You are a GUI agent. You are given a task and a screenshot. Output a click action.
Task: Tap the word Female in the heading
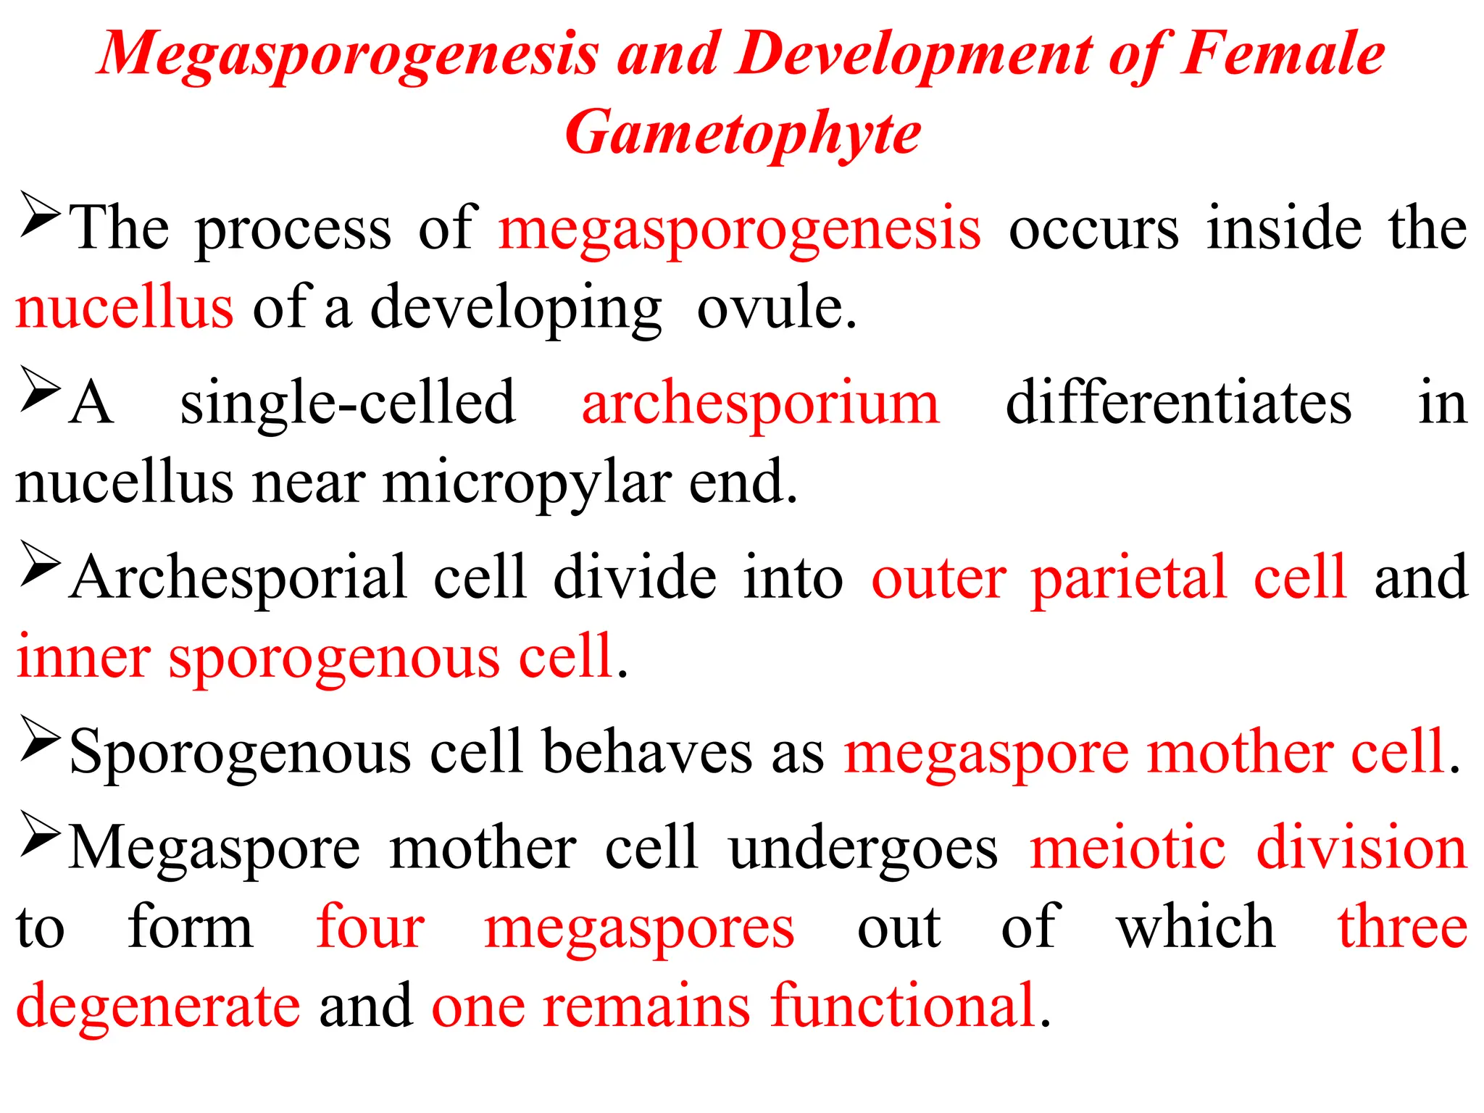[1283, 54]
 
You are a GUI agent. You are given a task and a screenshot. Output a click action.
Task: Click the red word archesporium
[760, 404]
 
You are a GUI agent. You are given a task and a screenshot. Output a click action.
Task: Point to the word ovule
[777, 308]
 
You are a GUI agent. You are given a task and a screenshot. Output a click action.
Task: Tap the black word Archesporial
[239, 578]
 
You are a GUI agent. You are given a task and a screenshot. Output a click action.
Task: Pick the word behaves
[647, 752]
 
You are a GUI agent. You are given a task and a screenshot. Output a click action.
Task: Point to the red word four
[370, 927]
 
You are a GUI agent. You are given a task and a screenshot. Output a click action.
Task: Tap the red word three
[1402, 927]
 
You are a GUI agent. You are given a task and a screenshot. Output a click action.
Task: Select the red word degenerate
[158, 1007]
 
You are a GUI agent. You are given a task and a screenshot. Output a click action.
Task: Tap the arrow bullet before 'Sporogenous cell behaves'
[39, 738]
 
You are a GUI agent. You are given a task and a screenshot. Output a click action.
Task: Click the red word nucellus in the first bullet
[124, 308]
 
